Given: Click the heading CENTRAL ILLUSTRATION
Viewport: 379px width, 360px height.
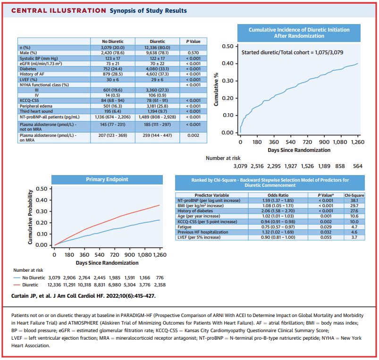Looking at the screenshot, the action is (x=59, y=11).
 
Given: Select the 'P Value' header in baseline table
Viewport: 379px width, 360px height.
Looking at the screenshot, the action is (x=193, y=42).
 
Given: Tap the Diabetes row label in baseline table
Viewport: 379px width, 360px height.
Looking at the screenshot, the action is (x=28, y=69).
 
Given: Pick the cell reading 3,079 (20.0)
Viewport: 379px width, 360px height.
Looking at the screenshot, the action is (x=113, y=48).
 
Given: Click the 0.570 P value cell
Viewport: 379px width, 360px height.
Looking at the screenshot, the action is (x=193, y=53).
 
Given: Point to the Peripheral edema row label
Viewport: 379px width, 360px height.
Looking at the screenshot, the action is (x=36, y=106).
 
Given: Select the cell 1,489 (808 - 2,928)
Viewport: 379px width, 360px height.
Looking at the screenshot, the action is (x=157, y=117).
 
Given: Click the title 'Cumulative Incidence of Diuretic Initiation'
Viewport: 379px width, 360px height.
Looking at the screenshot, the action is (x=299, y=30).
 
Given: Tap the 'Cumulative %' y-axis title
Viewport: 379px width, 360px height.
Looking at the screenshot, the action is (x=216, y=89).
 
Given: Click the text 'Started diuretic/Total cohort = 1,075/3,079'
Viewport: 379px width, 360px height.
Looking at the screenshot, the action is (x=292, y=52).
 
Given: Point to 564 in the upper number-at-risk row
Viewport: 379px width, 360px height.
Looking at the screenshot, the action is (x=357, y=166).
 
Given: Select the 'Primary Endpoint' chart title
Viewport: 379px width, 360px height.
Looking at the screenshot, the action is (x=107, y=179).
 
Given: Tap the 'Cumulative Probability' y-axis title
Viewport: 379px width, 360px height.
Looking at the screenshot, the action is (x=30, y=217).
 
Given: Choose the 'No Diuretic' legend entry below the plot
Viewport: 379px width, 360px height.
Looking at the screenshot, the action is (x=29, y=278).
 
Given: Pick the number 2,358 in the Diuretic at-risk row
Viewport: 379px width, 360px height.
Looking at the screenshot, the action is (x=160, y=285).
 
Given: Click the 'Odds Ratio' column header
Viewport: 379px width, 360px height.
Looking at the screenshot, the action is (x=278, y=195).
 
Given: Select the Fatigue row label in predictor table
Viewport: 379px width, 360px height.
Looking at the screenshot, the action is (x=185, y=227).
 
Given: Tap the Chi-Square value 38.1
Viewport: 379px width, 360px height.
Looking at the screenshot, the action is (x=354, y=201).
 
